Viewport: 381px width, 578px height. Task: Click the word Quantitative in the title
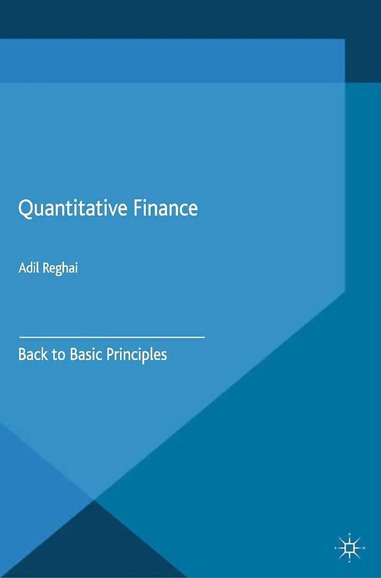click(73, 209)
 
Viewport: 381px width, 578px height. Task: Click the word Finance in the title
click(166, 207)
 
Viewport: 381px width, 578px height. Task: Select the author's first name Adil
click(29, 268)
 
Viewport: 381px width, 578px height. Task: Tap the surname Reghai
click(60, 269)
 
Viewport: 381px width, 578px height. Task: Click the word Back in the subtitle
click(33, 355)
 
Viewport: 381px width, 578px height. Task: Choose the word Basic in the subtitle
click(86, 355)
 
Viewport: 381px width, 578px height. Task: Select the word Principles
click(137, 356)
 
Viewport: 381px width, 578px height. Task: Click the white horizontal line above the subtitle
click(112, 337)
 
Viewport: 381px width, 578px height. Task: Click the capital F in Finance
click(138, 208)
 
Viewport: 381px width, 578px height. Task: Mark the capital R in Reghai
click(47, 268)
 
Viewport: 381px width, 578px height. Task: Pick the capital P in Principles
click(111, 355)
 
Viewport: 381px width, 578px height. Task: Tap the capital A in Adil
click(23, 268)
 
